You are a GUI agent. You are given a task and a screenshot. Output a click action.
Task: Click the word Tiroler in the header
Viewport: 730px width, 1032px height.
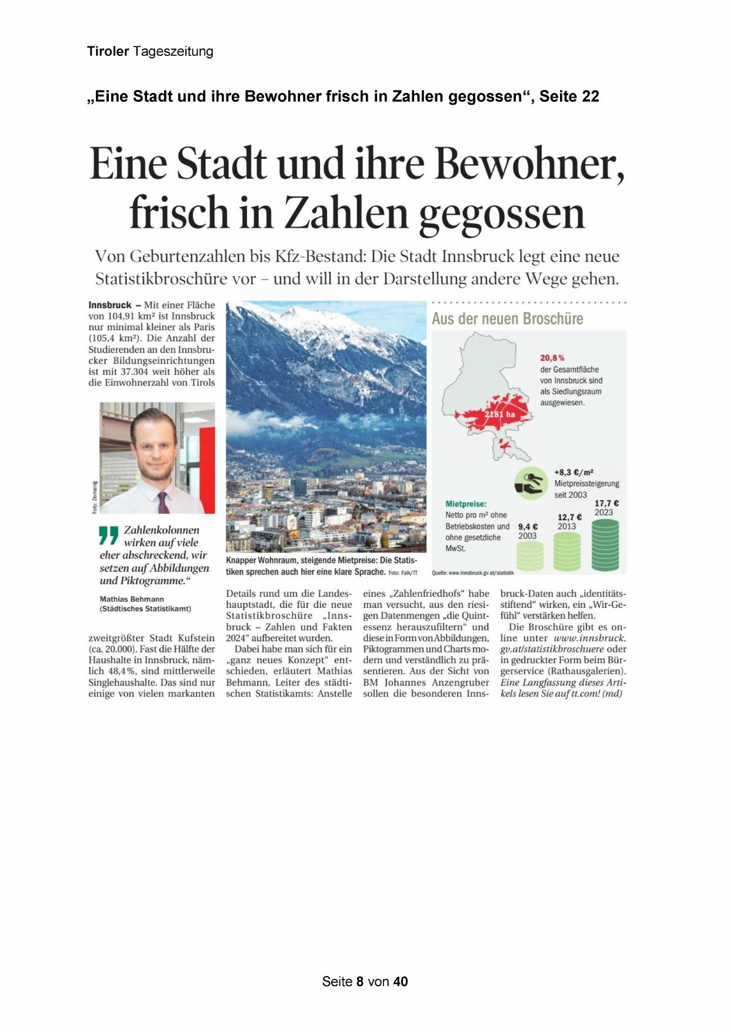pyautogui.click(x=108, y=51)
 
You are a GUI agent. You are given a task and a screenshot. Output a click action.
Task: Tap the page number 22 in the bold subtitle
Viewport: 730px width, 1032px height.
pyautogui.click(x=590, y=96)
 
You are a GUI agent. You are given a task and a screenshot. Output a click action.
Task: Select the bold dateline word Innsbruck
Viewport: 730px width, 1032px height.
pyautogui.click(x=110, y=305)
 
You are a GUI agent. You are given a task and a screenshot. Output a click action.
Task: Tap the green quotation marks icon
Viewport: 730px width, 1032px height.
pyautogui.click(x=109, y=535)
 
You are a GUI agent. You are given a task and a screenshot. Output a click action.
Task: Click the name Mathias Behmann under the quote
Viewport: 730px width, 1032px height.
pyautogui.click(x=132, y=599)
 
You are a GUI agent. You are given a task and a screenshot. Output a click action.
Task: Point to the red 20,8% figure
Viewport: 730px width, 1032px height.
pyautogui.click(x=552, y=358)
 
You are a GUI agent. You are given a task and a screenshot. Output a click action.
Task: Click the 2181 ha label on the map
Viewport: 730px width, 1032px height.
pyautogui.click(x=499, y=414)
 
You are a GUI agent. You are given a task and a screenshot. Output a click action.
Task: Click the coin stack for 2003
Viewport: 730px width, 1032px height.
pyautogui.click(x=531, y=557)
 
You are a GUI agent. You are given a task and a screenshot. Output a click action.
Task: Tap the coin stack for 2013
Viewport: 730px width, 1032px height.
pyautogui.click(x=567, y=551)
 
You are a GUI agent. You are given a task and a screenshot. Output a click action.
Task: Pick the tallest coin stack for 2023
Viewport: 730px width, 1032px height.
pyautogui.click(x=605, y=545)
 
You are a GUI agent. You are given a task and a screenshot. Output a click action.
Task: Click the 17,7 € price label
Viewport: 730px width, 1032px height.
pyautogui.click(x=606, y=503)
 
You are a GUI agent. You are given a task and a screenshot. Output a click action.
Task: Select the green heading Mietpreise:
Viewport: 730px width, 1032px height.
pyautogui.click(x=466, y=504)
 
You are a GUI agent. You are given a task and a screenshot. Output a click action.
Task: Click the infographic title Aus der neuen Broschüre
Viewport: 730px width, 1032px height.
pyautogui.click(x=508, y=319)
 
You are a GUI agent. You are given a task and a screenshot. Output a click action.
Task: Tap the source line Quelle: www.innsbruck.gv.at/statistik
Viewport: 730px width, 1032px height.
pyautogui.click(x=472, y=572)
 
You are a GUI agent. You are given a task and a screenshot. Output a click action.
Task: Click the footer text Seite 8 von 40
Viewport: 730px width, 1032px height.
pyautogui.click(x=365, y=981)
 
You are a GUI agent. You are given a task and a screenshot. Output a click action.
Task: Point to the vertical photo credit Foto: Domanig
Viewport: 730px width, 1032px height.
pyautogui.click(x=95, y=497)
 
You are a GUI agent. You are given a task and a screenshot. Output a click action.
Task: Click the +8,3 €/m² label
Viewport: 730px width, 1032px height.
pyautogui.click(x=574, y=472)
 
